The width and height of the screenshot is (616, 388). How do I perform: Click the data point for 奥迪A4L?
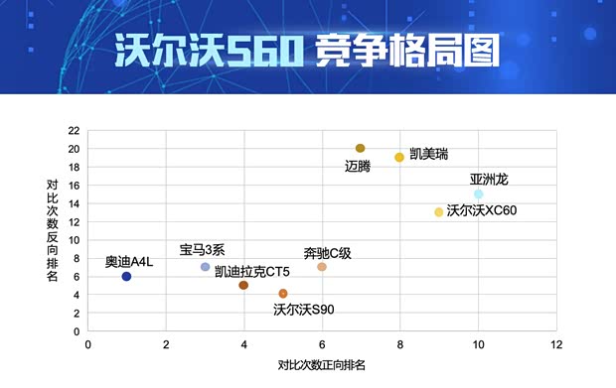[x=126, y=277]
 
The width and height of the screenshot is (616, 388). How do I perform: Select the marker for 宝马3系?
[x=206, y=267]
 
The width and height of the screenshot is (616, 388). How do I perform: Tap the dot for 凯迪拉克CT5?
[x=243, y=286]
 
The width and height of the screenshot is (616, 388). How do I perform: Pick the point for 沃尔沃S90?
[x=283, y=294]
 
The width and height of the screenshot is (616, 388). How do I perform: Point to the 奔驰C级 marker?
[x=322, y=267]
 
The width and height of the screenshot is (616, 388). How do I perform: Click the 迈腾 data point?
[x=361, y=149]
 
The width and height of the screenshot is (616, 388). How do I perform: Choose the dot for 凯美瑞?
[x=399, y=158]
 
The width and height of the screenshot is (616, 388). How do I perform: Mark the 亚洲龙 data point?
[x=478, y=194]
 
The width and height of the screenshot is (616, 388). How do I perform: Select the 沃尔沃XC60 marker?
[x=438, y=212]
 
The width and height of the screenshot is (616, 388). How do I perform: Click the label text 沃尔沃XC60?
[x=482, y=210]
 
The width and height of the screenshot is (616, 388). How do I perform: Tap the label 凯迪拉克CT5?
[x=252, y=271]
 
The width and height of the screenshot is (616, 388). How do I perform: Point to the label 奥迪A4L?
[x=130, y=262]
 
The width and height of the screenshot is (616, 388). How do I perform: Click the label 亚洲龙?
[x=489, y=180]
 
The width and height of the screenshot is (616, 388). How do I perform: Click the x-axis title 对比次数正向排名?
[x=322, y=365]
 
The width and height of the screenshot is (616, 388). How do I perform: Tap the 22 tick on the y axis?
[x=74, y=130]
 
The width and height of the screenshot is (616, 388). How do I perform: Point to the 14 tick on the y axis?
[x=74, y=203]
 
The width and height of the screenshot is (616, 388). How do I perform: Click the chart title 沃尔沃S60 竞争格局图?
[x=308, y=50]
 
